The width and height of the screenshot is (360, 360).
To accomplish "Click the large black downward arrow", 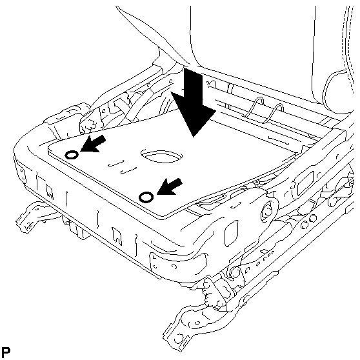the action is pyautogui.click(x=194, y=103).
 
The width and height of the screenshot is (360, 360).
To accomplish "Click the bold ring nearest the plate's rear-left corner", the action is pyautogui.click(x=72, y=155).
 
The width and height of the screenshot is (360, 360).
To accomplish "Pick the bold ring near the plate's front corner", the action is pyautogui.click(x=146, y=197).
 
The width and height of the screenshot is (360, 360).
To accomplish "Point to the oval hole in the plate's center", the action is pyautogui.click(x=162, y=156).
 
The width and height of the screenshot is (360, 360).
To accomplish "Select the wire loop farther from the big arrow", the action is pyautogui.click(x=275, y=113).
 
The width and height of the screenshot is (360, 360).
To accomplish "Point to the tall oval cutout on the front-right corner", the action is pyautogui.click(x=230, y=233).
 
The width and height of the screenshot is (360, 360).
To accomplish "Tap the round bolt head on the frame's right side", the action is pyautogui.click(x=267, y=210).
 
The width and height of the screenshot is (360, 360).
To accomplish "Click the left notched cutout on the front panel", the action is pyautogui.click(x=50, y=191).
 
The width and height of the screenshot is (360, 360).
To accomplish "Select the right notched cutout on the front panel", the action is pyautogui.click(x=117, y=236).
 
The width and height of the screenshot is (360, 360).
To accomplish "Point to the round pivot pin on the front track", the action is pyautogui.click(x=235, y=273).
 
